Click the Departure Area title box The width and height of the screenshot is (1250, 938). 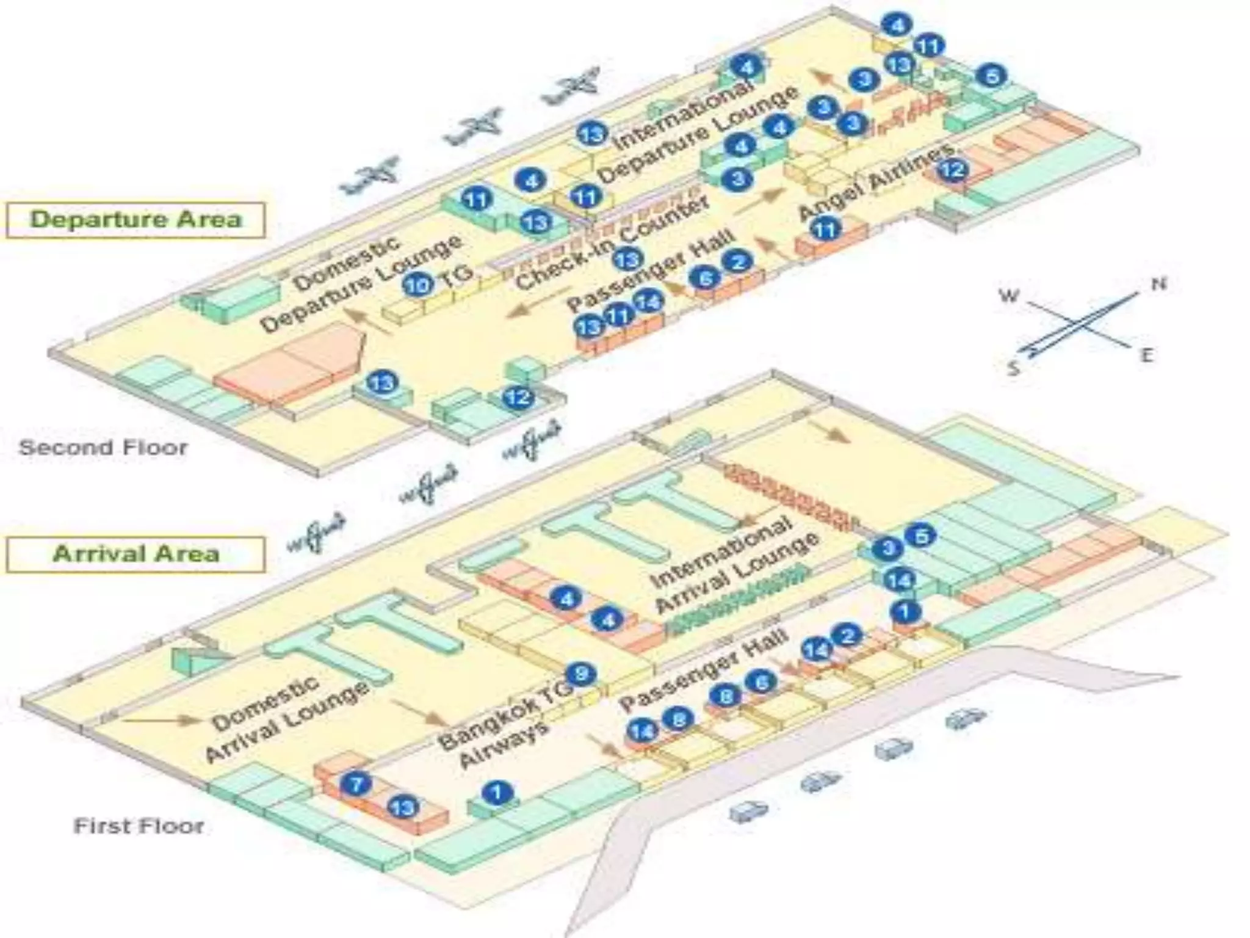click(135, 220)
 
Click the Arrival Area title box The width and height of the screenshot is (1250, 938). click(135, 554)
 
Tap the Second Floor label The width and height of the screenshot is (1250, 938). click(103, 448)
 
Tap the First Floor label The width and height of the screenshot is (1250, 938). click(139, 826)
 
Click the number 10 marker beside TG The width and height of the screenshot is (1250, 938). click(418, 285)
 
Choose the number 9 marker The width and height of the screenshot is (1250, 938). click(580, 674)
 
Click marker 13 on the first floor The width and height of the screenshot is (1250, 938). click(403, 808)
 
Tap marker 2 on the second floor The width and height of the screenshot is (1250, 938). click(738, 262)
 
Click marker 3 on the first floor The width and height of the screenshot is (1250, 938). click(888, 548)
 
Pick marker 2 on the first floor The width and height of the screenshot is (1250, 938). click(848, 636)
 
